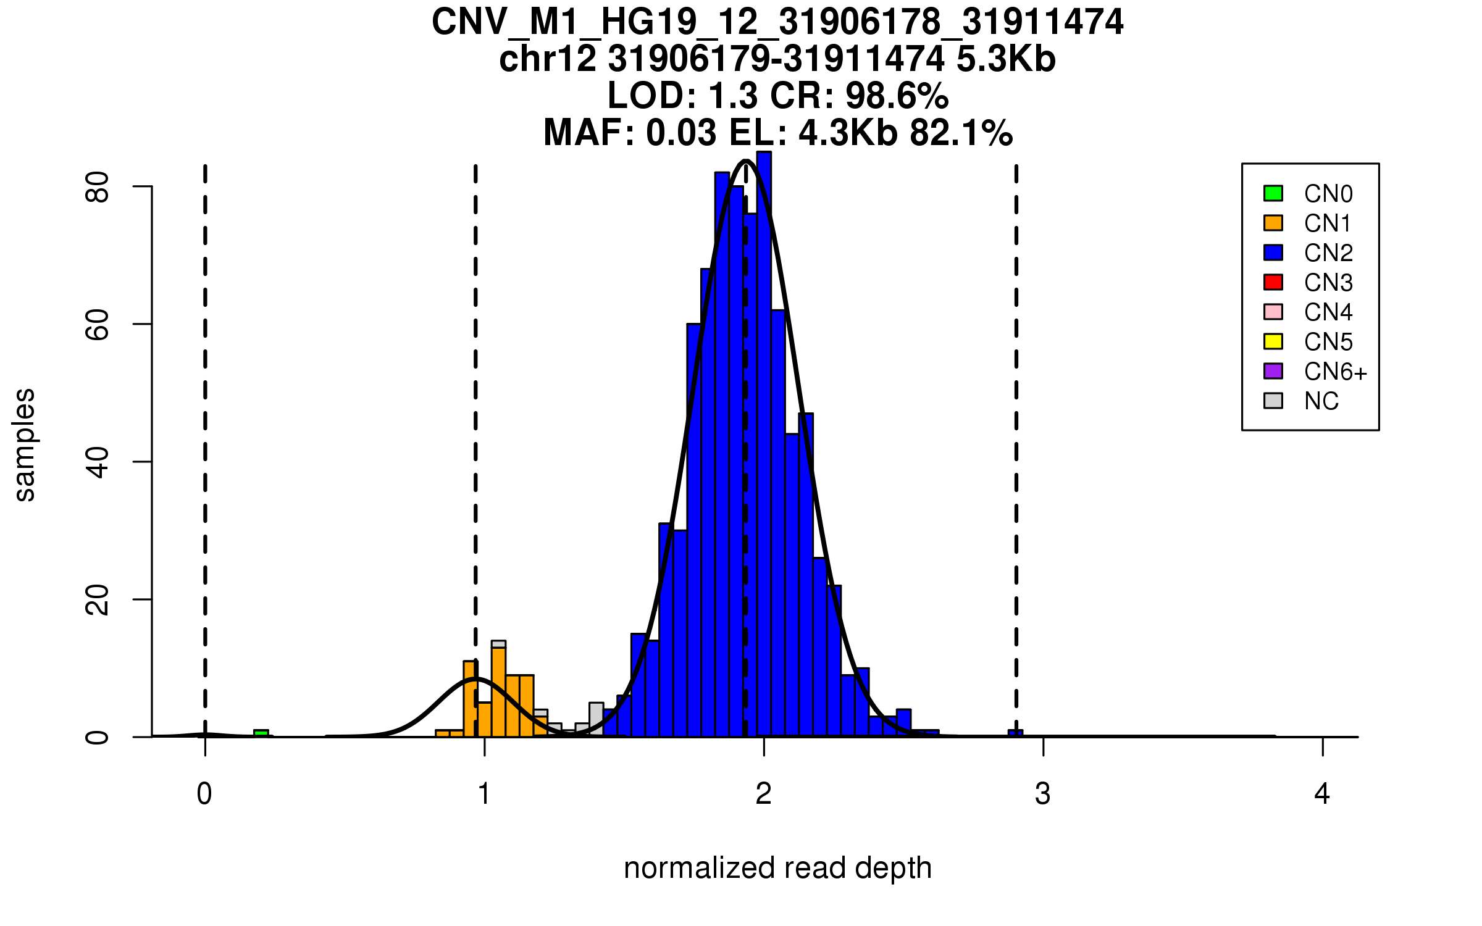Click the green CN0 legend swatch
point(1273,193)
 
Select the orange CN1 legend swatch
point(1273,223)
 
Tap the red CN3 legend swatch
point(1273,282)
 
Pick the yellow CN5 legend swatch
point(1273,341)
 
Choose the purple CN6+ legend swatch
point(1273,371)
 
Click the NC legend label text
point(1321,401)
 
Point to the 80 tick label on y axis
point(97,186)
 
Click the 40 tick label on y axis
point(97,462)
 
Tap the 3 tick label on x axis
point(1043,794)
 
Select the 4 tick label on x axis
point(1322,794)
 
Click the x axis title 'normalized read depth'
point(777,868)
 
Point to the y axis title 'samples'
point(25,444)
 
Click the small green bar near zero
point(261,733)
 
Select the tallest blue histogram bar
point(764,444)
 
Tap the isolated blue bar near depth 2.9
point(1015,733)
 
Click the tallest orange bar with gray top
point(498,688)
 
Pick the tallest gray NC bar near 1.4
point(596,719)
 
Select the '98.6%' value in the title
point(897,96)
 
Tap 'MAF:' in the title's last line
point(589,133)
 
